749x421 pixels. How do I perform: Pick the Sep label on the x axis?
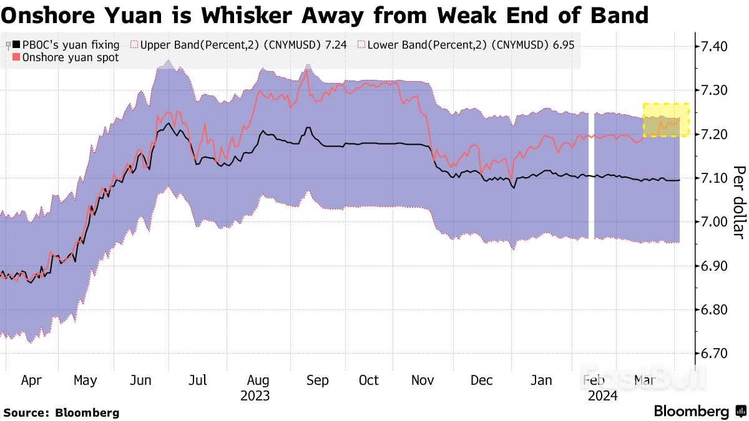(x=317, y=380)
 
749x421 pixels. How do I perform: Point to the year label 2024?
(x=602, y=396)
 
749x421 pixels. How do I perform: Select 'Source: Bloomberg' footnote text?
(x=61, y=412)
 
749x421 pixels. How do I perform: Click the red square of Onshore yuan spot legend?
(x=17, y=57)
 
